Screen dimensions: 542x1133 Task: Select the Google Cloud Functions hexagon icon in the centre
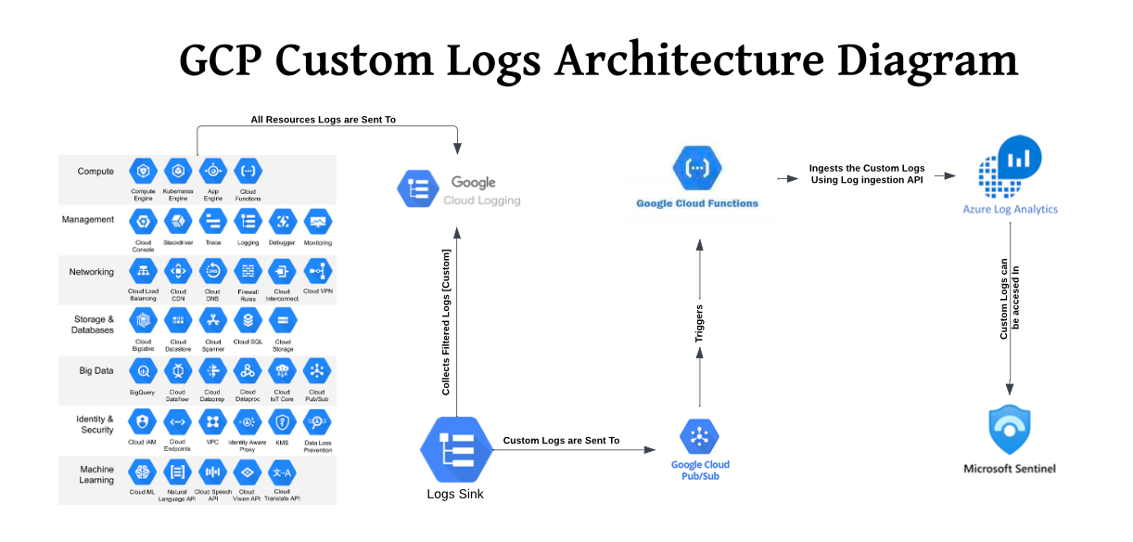[696, 168]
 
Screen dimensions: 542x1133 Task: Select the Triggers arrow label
[699, 324]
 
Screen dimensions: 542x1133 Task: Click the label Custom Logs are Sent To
[561, 440]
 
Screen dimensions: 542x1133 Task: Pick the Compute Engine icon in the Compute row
[143, 172]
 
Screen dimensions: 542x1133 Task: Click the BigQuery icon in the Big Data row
[143, 371]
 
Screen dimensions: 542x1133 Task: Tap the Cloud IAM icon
[143, 421]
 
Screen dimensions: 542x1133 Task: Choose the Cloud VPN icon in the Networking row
[318, 271]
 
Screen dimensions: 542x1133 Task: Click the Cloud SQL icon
[248, 321]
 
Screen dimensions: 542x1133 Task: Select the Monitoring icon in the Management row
[318, 222]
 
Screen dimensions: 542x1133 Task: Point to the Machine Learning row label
[96, 474]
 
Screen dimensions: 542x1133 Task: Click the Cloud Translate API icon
[282, 472]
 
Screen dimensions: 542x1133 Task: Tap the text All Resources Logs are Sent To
[324, 120]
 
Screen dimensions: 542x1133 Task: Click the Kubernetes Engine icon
[177, 172]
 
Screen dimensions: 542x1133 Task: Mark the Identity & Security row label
[96, 424]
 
